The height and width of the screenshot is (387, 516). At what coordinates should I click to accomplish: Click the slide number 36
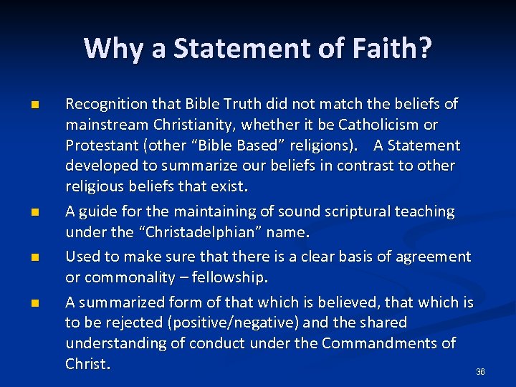coord(480,372)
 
